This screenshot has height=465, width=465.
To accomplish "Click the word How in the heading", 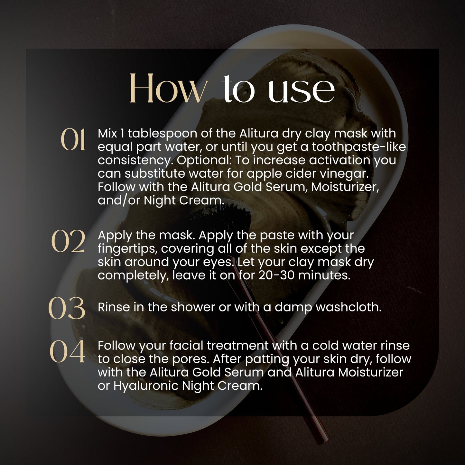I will coord(167,88).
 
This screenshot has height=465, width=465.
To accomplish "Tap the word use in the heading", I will coord(301,90).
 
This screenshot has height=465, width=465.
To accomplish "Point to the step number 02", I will coord(68,241).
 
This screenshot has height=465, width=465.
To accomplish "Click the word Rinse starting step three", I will coord(113,307).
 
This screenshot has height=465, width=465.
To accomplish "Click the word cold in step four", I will coord(325,346).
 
